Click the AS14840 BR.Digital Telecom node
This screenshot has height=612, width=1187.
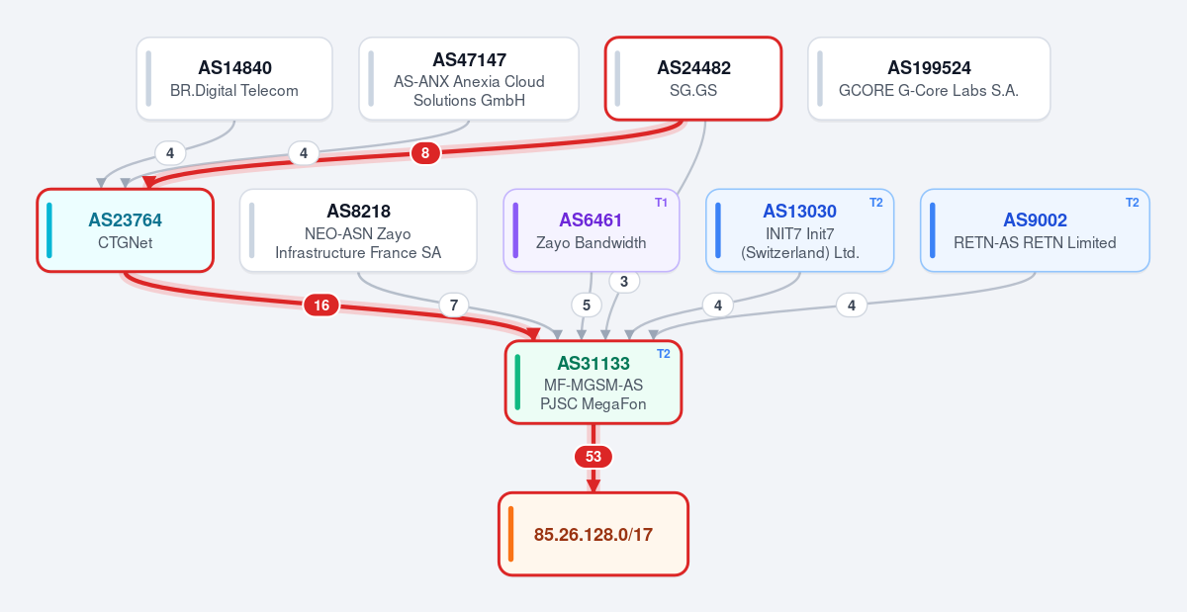pos(234,78)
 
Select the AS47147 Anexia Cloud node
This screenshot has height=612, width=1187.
pos(469,78)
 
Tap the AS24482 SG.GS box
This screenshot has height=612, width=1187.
pos(693,78)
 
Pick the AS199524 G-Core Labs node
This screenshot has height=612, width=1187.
pos(929,78)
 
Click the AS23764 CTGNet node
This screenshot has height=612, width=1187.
pos(125,230)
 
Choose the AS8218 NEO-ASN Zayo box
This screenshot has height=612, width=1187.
pos(358,230)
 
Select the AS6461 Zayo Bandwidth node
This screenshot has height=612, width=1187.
pos(592,230)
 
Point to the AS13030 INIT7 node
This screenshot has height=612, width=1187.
pos(799,230)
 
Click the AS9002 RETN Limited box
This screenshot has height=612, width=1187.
pos(1035,230)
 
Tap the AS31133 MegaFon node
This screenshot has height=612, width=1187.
pos(593,382)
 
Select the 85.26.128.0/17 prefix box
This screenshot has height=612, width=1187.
pos(593,534)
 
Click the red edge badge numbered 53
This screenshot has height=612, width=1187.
pos(593,456)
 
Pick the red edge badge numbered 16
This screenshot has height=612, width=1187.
pos(321,306)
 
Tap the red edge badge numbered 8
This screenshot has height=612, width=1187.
pos(425,153)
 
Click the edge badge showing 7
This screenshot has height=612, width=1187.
pos(454,306)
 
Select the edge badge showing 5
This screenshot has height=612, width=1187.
pos(586,306)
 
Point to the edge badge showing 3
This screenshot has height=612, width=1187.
pos(624,282)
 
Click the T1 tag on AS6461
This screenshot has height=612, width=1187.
pos(661,203)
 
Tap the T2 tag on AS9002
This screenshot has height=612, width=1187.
pos(1132,203)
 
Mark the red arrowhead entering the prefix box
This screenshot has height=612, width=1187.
pos(593,485)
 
